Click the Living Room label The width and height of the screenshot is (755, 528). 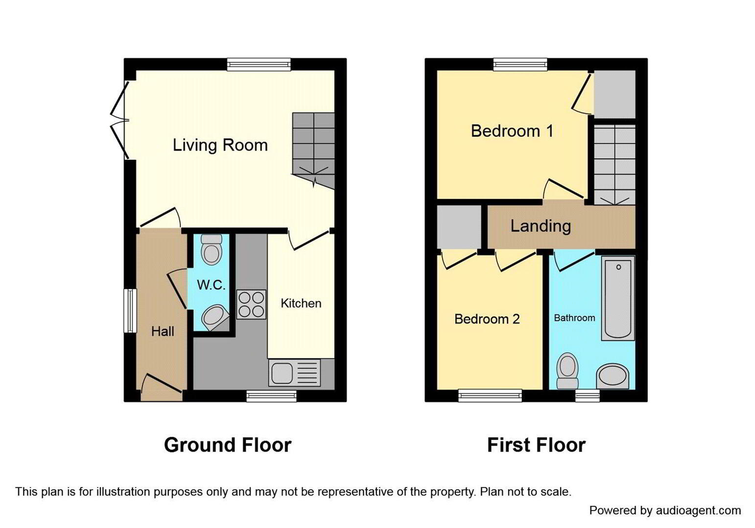coord(220,145)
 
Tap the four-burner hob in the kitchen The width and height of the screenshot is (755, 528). coord(251,304)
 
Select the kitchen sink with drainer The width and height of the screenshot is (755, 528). coord(294,373)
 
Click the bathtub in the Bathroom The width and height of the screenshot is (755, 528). coord(618,298)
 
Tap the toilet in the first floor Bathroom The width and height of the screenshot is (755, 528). coord(567,371)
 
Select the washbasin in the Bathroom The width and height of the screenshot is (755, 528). coord(613,376)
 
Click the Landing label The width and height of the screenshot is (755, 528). coord(541,226)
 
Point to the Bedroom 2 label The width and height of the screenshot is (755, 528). coord(487,319)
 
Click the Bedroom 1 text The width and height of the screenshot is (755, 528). coord(512,131)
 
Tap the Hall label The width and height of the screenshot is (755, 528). coord(163,331)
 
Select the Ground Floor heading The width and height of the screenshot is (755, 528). coord(228,445)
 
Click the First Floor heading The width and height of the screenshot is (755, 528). coord(536,445)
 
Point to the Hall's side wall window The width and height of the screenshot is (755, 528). coord(130,311)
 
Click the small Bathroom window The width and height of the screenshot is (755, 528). coord(587,396)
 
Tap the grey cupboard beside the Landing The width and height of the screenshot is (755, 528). coord(459,227)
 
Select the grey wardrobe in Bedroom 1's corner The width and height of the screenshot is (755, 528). coord(614,94)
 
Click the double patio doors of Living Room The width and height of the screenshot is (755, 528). coord(119,120)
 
